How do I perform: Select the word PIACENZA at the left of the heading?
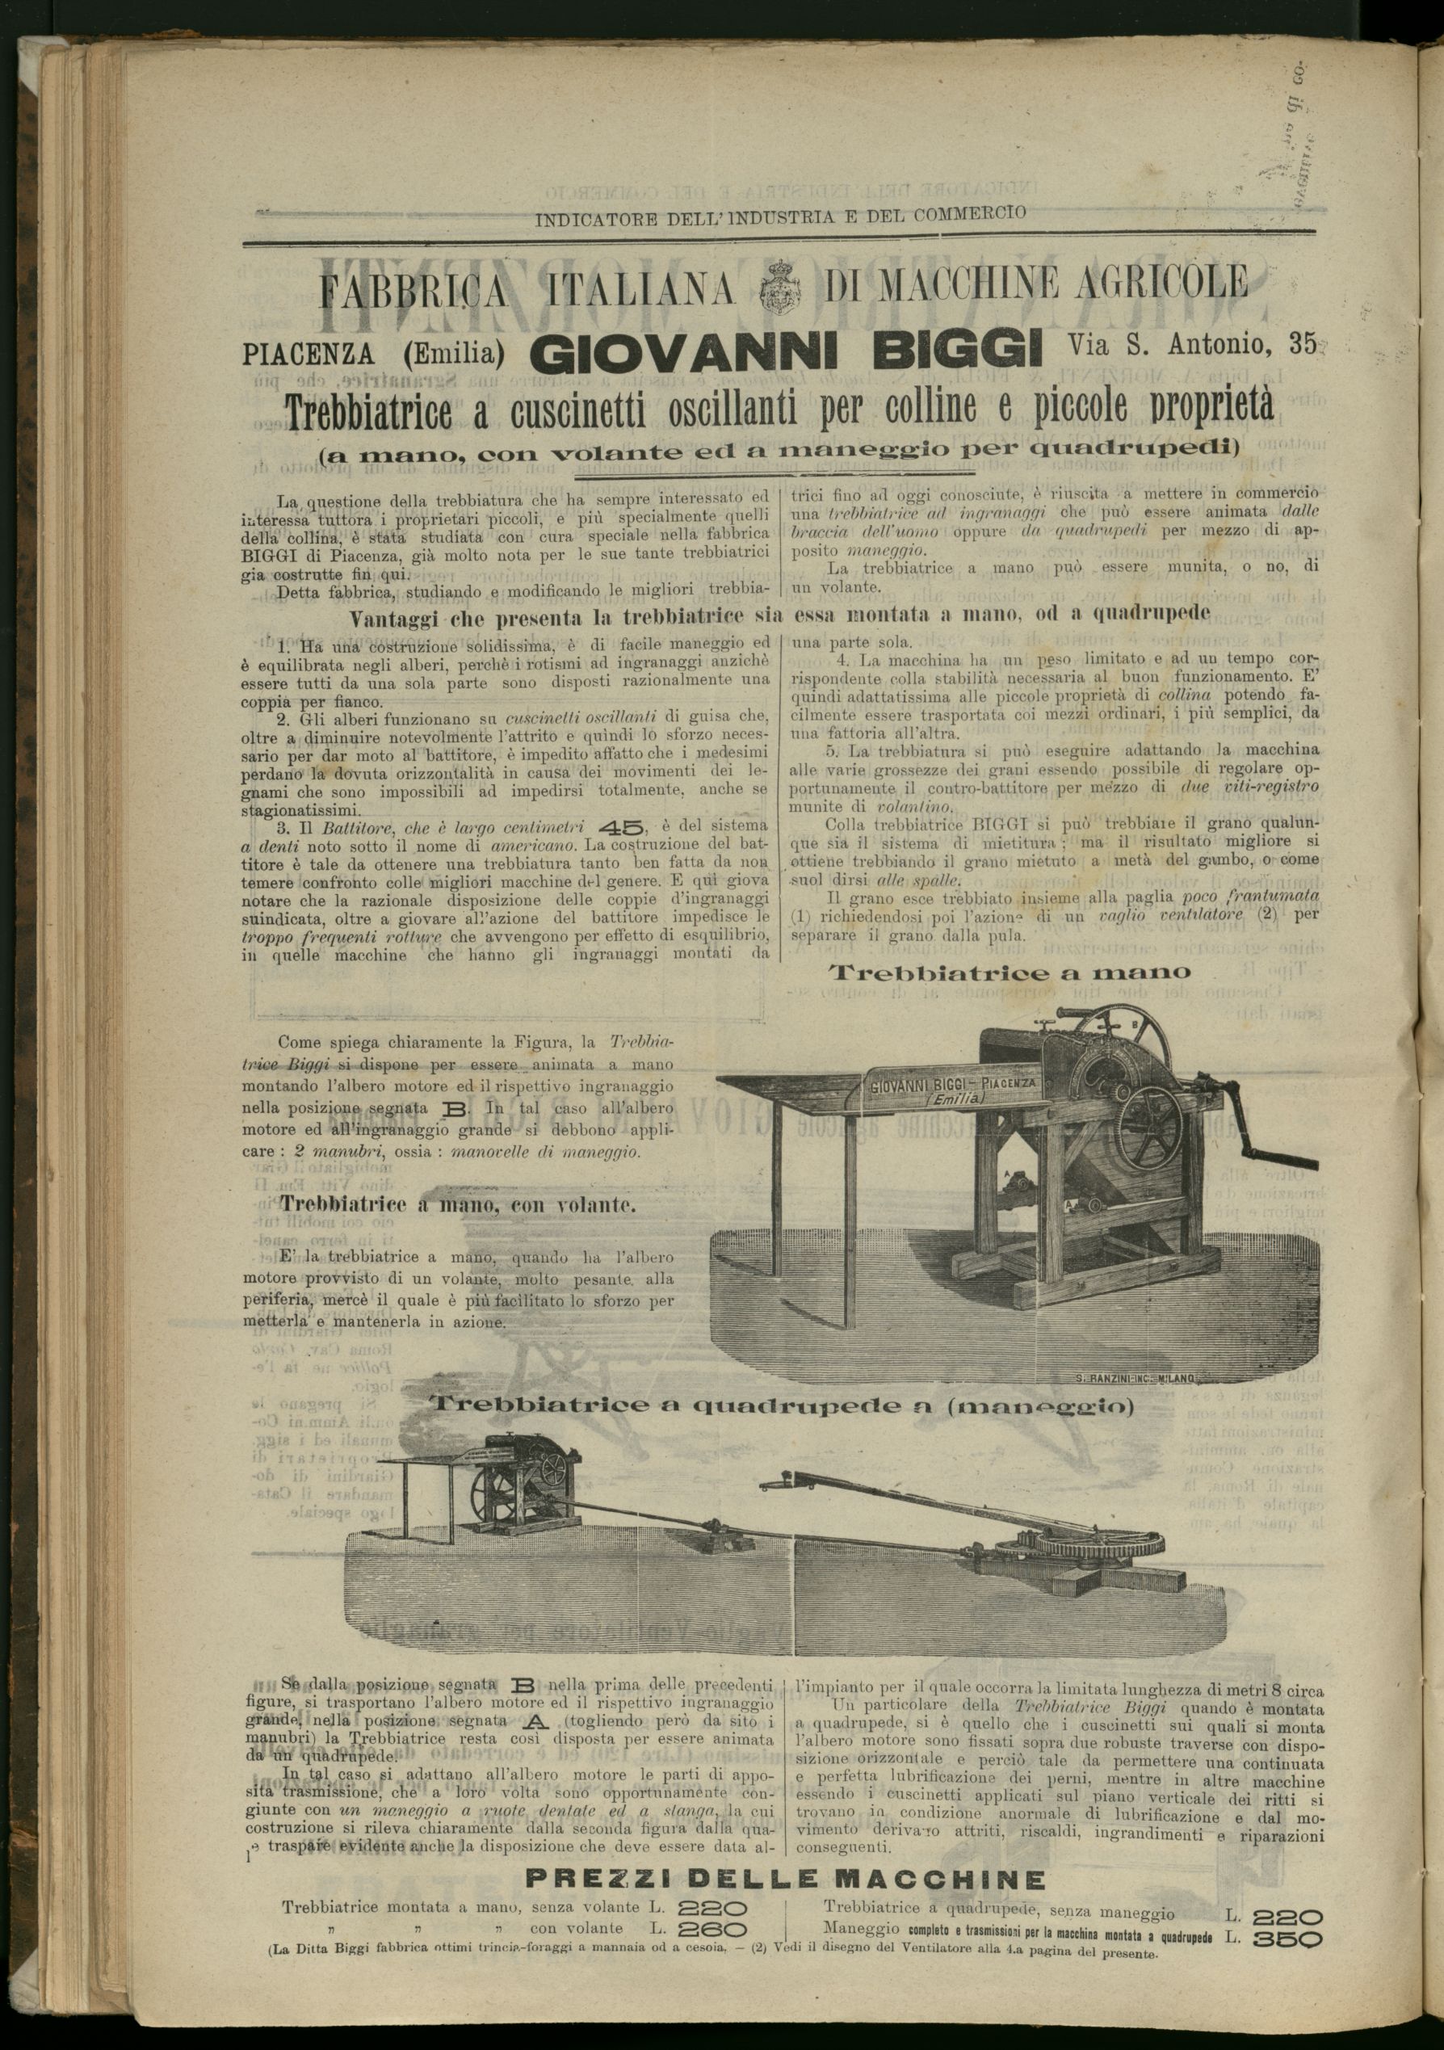(x=308, y=355)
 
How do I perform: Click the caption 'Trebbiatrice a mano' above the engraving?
(x=1010, y=972)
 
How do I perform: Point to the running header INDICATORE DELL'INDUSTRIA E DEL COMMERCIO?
(x=780, y=214)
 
